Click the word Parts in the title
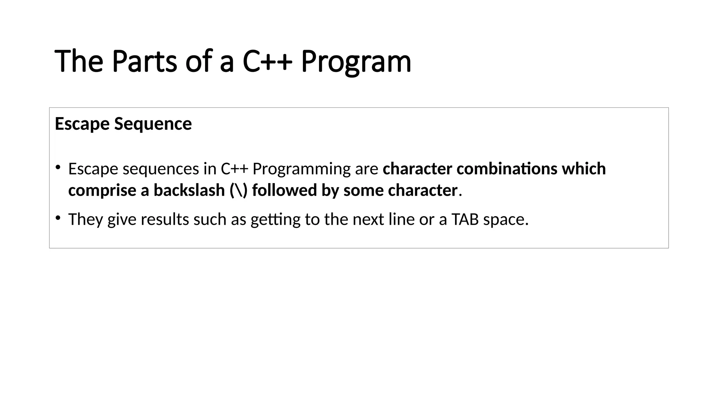pos(144,61)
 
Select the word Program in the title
pos(356,61)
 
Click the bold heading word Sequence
pos(153,124)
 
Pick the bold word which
pos(584,169)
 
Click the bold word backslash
pos(189,190)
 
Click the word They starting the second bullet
pos(86,220)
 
